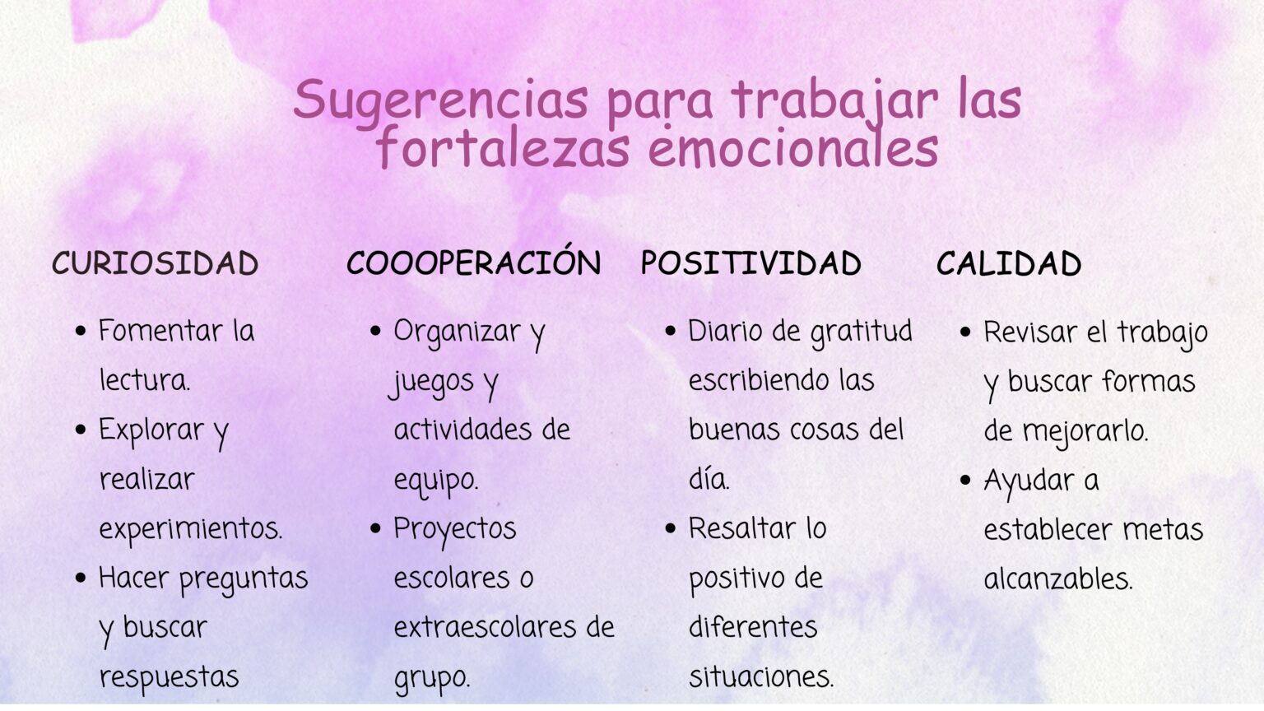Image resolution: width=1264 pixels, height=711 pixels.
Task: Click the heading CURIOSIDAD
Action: point(155,264)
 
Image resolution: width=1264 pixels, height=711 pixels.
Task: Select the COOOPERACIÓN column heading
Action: point(473,263)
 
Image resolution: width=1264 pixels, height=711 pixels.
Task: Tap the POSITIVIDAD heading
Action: point(750,264)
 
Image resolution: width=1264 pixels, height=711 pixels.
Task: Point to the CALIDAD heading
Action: point(1008,264)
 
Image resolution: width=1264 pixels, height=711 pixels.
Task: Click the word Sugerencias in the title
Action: point(440,100)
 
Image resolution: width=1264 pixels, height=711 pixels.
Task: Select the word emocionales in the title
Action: point(792,149)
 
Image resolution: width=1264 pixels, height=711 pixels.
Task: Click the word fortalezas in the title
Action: point(503,149)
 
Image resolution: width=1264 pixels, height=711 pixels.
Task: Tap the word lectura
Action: point(144,380)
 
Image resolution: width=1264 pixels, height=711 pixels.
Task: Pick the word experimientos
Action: point(190,529)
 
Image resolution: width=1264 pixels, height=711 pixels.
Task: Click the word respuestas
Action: point(169,677)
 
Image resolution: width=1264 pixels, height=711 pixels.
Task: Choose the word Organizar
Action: point(457,332)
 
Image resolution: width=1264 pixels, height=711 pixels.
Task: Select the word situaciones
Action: point(760,677)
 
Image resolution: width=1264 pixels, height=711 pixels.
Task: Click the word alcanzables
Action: point(1057,579)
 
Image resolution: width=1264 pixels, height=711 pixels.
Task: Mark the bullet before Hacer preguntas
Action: point(80,579)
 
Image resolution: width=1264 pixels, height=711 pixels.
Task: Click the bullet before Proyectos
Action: point(375,528)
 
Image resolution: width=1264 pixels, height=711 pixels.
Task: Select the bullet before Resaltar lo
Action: point(670,528)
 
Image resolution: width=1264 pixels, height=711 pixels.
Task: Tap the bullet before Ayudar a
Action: point(965,480)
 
